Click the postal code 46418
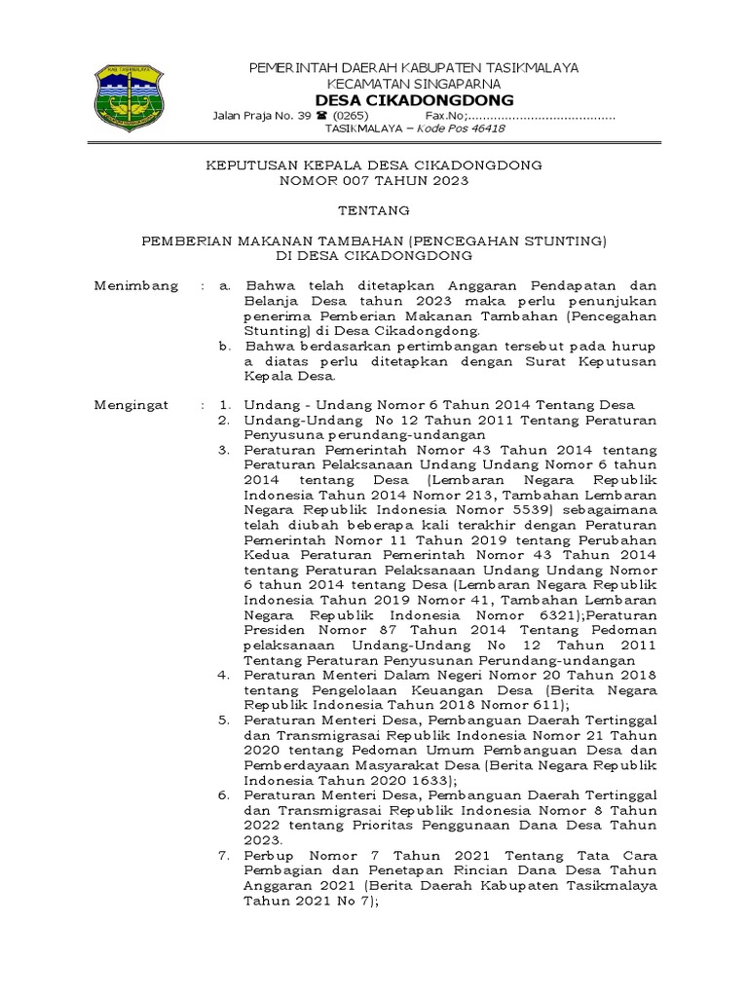pyautogui.click(x=484, y=129)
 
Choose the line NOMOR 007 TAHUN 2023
pyautogui.click(x=374, y=181)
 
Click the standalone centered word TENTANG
pyautogui.click(x=374, y=210)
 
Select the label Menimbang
pyautogui.click(x=136, y=285)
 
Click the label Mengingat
pyautogui.click(x=131, y=405)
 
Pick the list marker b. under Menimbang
pyautogui.click(x=224, y=346)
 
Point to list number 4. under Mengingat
pyautogui.click(x=223, y=675)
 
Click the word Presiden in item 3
pyautogui.click(x=275, y=630)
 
